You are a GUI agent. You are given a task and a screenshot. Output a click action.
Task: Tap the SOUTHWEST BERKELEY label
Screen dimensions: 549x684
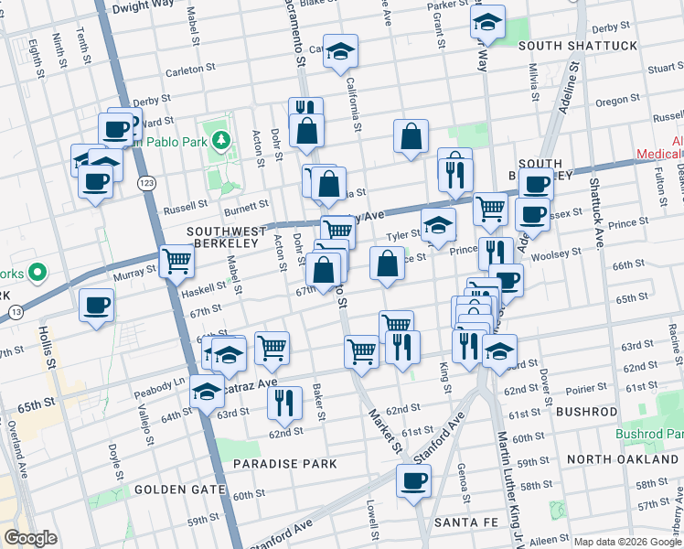[x=227, y=231]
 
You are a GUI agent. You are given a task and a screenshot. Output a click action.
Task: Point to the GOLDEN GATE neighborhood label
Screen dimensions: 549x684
[x=180, y=490]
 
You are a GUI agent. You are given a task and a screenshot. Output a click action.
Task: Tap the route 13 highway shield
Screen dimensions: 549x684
[x=16, y=312]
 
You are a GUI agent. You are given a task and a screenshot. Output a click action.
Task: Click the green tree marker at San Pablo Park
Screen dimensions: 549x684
[x=219, y=141]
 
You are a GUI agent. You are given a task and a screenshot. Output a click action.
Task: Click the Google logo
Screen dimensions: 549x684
[x=31, y=538]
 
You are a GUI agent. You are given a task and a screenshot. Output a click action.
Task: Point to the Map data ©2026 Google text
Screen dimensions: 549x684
[x=627, y=542]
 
